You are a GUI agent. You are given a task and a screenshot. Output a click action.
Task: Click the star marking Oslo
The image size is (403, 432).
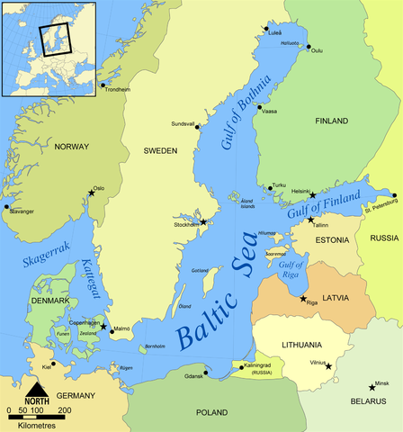(x=91, y=192)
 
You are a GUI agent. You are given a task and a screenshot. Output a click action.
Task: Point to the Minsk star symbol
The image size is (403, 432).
(x=372, y=387)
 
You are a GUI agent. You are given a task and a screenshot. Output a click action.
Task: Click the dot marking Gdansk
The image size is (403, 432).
(x=206, y=371)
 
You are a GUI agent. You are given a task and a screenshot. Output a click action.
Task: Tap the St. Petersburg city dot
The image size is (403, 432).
(x=393, y=194)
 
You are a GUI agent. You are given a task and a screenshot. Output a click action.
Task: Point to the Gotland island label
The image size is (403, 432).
(x=200, y=270)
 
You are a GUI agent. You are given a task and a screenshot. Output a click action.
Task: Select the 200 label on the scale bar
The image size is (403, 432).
(x=65, y=410)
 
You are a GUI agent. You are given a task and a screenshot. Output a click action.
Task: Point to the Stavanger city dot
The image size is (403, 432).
(x=6, y=206)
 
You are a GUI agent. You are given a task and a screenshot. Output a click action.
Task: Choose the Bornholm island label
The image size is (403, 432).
(x=156, y=346)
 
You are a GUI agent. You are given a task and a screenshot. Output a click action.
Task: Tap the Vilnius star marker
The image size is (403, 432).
(x=329, y=365)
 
